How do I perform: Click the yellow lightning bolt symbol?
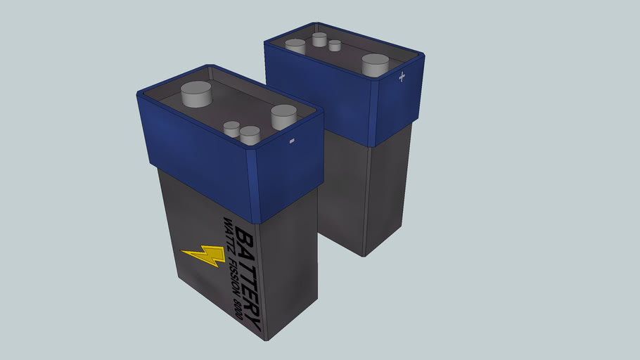(x=203, y=256)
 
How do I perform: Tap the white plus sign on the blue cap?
(x=402, y=77)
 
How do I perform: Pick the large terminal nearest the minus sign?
(x=284, y=115)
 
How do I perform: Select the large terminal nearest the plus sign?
(x=376, y=65)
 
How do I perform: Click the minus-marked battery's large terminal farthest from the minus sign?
(x=196, y=94)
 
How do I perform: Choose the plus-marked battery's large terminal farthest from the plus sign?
(x=295, y=46)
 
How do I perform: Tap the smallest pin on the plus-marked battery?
(x=335, y=46)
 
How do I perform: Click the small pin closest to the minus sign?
(x=250, y=134)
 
